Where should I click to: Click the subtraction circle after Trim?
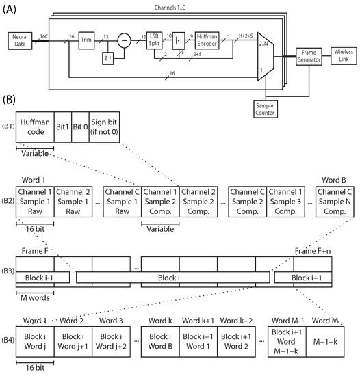124,40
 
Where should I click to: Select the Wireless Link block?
344,53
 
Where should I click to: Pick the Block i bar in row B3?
174,277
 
